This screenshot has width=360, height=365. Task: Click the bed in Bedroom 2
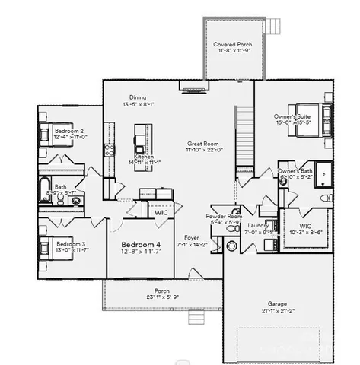[x=45, y=135]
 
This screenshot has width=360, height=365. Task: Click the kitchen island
[x=139, y=138]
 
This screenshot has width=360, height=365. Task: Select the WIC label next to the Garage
[x=306, y=226]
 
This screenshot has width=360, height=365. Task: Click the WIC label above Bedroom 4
[x=161, y=212]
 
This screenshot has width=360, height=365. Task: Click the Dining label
[x=137, y=97]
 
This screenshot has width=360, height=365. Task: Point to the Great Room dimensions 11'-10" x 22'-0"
[x=204, y=150]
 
